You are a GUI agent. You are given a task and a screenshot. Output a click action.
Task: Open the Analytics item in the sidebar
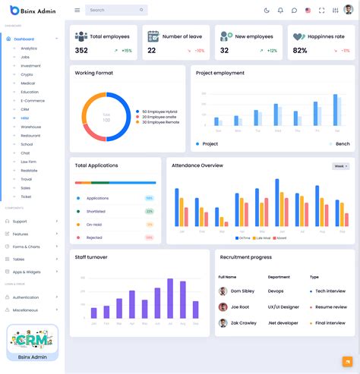pos(29,49)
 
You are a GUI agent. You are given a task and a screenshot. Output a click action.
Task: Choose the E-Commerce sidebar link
pos(32,100)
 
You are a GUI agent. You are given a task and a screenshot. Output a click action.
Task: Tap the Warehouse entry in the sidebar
pos(31,127)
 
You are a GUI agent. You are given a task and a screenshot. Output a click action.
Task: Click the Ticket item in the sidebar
pos(26,196)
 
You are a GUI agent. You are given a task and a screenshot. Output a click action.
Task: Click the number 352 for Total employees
pos(81,51)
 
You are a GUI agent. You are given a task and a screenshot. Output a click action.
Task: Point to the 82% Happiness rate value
pos(300,51)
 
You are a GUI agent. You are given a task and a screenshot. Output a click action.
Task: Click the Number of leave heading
pos(183,36)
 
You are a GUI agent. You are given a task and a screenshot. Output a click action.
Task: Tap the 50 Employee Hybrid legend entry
pos(160,112)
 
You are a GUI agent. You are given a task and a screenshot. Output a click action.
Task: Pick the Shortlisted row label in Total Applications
pos(96,212)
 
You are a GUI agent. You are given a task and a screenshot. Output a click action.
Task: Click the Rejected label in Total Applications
pos(94,237)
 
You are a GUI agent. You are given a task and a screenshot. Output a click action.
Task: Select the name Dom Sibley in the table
pos(242,291)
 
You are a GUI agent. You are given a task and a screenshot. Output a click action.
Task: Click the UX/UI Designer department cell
pos(283,307)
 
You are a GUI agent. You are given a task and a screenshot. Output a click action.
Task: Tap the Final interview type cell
pos(330,323)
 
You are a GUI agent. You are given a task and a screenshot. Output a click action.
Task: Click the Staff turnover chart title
pos(90,257)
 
